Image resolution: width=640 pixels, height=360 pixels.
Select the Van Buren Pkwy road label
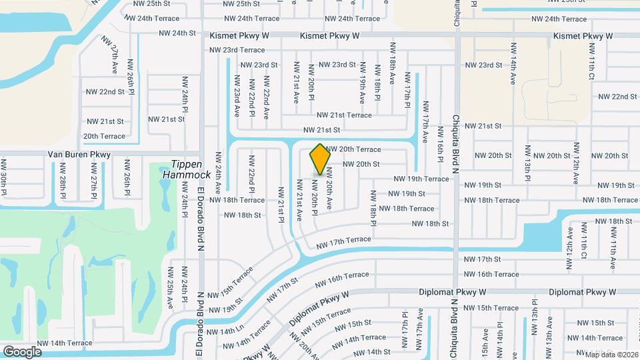tap(80, 154)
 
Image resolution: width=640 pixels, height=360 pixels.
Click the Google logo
tap(23, 351)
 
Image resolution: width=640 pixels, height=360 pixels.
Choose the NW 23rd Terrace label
tap(237, 50)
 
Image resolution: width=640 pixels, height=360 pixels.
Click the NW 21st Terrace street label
tap(344, 115)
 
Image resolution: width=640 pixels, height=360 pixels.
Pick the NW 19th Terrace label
tap(421, 179)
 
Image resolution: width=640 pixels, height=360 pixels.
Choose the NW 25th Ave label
tap(171, 288)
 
